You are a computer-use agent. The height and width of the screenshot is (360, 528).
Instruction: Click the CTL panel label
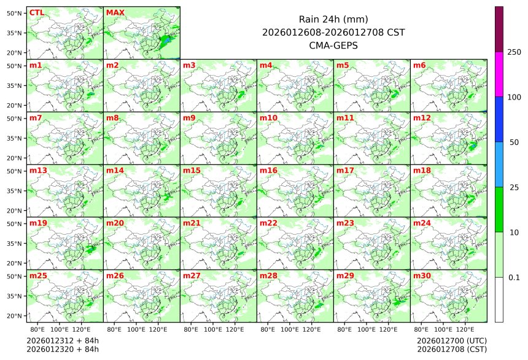click(37, 12)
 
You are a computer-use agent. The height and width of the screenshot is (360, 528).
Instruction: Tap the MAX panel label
click(114, 12)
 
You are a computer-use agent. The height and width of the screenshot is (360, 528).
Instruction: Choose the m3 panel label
click(189, 65)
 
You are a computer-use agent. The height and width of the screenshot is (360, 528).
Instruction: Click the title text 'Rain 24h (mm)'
click(333, 19)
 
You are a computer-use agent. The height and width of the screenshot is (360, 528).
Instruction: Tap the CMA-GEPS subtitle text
click(333, 45)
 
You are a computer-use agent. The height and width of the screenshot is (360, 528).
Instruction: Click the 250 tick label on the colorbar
click(514, 52)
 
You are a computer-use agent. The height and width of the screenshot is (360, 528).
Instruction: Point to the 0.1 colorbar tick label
click(514, 278)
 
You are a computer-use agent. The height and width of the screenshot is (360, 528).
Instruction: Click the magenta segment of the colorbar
click(499, 74)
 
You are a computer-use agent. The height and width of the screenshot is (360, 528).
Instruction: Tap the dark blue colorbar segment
click(499, 119)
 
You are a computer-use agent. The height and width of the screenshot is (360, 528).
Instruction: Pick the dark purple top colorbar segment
click(499, 29)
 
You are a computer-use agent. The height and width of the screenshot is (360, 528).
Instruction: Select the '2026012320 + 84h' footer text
click(63, 350)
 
